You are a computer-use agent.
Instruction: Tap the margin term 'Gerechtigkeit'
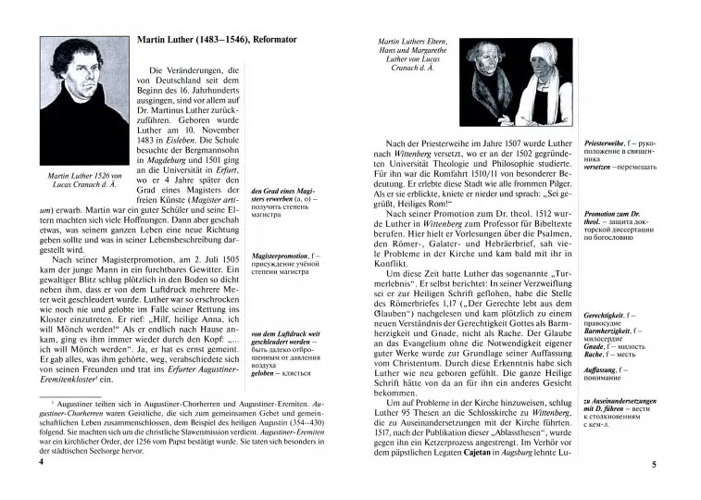(607, 316)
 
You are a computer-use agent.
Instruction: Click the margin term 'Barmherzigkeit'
(609, 334)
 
